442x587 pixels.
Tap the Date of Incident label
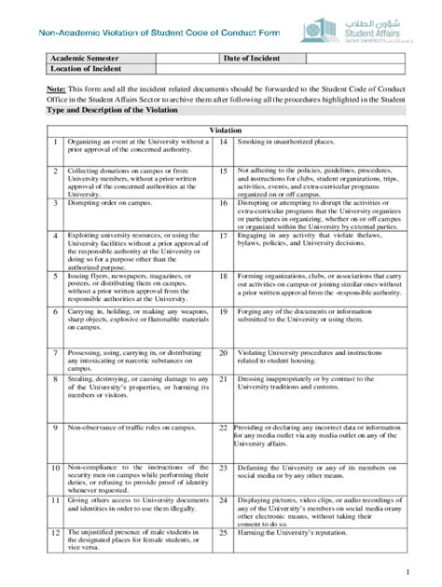click(x=253, y=58)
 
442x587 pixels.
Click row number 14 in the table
click(x=225, y=142)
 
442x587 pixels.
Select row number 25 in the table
click(x=225, y=532)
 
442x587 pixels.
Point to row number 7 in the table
click(x=55, y=354)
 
